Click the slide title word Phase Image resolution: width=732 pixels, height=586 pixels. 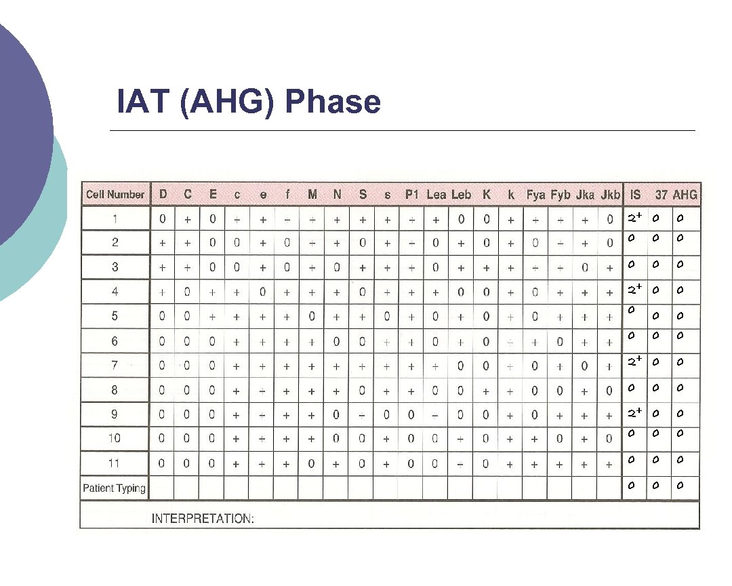[333, 102]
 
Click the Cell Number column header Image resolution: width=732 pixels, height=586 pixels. [115, 195]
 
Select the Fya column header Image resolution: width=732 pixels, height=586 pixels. [535, 195]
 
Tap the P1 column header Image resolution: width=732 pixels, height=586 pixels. [412, 195]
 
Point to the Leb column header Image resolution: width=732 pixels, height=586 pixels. [461, 195]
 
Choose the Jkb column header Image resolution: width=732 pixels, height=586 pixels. [610, 195]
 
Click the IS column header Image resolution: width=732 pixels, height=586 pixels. [635, 195]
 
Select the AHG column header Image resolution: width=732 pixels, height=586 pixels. [685, 195]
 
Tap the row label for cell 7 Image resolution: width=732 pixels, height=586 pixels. [115, 365]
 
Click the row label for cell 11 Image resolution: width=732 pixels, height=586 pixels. [115, 463]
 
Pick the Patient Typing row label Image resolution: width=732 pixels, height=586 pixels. [114, 488]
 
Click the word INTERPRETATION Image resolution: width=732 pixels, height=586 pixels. [203, 519]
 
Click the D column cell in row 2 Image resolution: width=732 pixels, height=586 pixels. [163, 243]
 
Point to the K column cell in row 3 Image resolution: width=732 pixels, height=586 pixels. [486, 267]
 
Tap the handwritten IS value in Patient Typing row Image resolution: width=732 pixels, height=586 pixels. [630, 485]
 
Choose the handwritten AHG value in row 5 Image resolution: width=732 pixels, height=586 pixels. [680, 315]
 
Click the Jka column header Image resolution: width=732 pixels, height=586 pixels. [585, 195]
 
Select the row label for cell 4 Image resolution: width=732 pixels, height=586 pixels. [115, 292]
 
